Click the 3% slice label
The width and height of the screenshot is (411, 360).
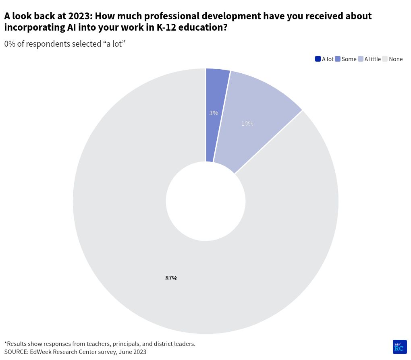click(214, 113)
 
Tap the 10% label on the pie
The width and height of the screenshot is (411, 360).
click(247, 124)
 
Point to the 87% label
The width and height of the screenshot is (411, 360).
click(171, 278)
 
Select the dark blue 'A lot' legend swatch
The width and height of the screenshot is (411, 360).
click(318, 59)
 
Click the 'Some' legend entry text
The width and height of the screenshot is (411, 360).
click(349, 59)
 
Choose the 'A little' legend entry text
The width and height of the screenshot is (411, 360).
click(372, 59)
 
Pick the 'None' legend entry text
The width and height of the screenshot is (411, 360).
click(396, 59)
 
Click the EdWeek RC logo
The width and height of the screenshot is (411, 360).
click(399, 347)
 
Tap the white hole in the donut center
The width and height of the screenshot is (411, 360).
click(205, 201)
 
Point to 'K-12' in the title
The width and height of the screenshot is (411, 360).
click(168, 28)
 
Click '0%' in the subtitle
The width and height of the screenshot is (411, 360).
click(10, 44)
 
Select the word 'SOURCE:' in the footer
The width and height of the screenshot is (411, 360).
click(16, 352)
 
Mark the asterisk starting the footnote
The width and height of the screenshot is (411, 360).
click(6, 343)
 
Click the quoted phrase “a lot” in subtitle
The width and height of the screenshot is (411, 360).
click(114, 44)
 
